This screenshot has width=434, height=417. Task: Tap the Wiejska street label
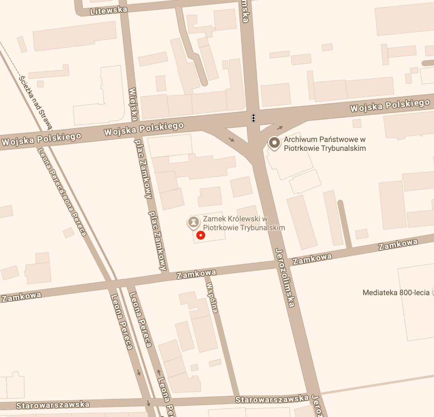(x=133, y=104)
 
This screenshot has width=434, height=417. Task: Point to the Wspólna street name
(x=212, y=297)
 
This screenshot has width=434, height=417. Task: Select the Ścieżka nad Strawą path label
(x=36, y=102)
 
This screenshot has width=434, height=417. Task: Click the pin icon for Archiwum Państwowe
(x=274, y=142)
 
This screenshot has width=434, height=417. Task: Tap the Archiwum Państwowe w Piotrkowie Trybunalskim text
(x=325, y=144)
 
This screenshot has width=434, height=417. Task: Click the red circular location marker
(x=201, y=235)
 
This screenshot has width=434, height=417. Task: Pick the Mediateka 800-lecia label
(x=396, y=293)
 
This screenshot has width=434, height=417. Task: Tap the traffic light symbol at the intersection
(x=254, y=118)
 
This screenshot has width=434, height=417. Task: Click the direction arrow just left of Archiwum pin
(x=280, y=128)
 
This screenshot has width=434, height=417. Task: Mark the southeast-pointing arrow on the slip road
(x=232, y=139)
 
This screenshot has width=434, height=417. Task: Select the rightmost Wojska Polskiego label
(x=389, y=106)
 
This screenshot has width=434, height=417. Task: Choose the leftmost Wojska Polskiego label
(x=41, y=139)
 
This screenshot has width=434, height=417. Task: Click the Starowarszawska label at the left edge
(x=53, y=405)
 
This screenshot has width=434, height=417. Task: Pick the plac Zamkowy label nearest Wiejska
(x=143, y=169)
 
